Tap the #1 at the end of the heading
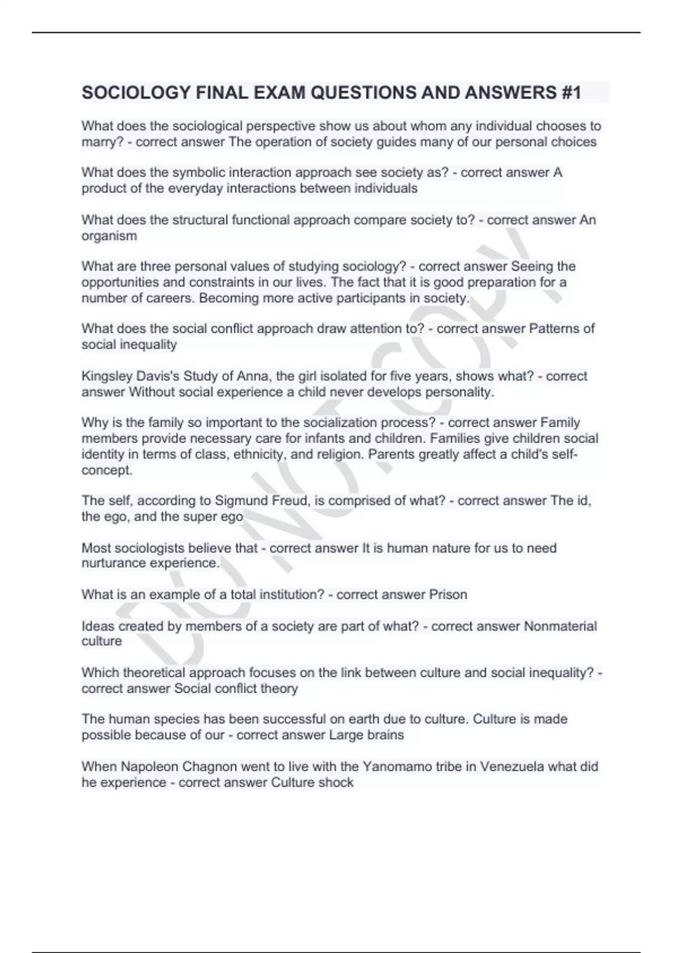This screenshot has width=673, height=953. click(570, 92)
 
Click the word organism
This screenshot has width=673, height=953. click(109, 236)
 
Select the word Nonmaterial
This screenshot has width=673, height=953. click(560, 626)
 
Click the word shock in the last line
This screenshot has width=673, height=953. click(336, 783)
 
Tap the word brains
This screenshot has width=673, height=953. click(385, 735)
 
